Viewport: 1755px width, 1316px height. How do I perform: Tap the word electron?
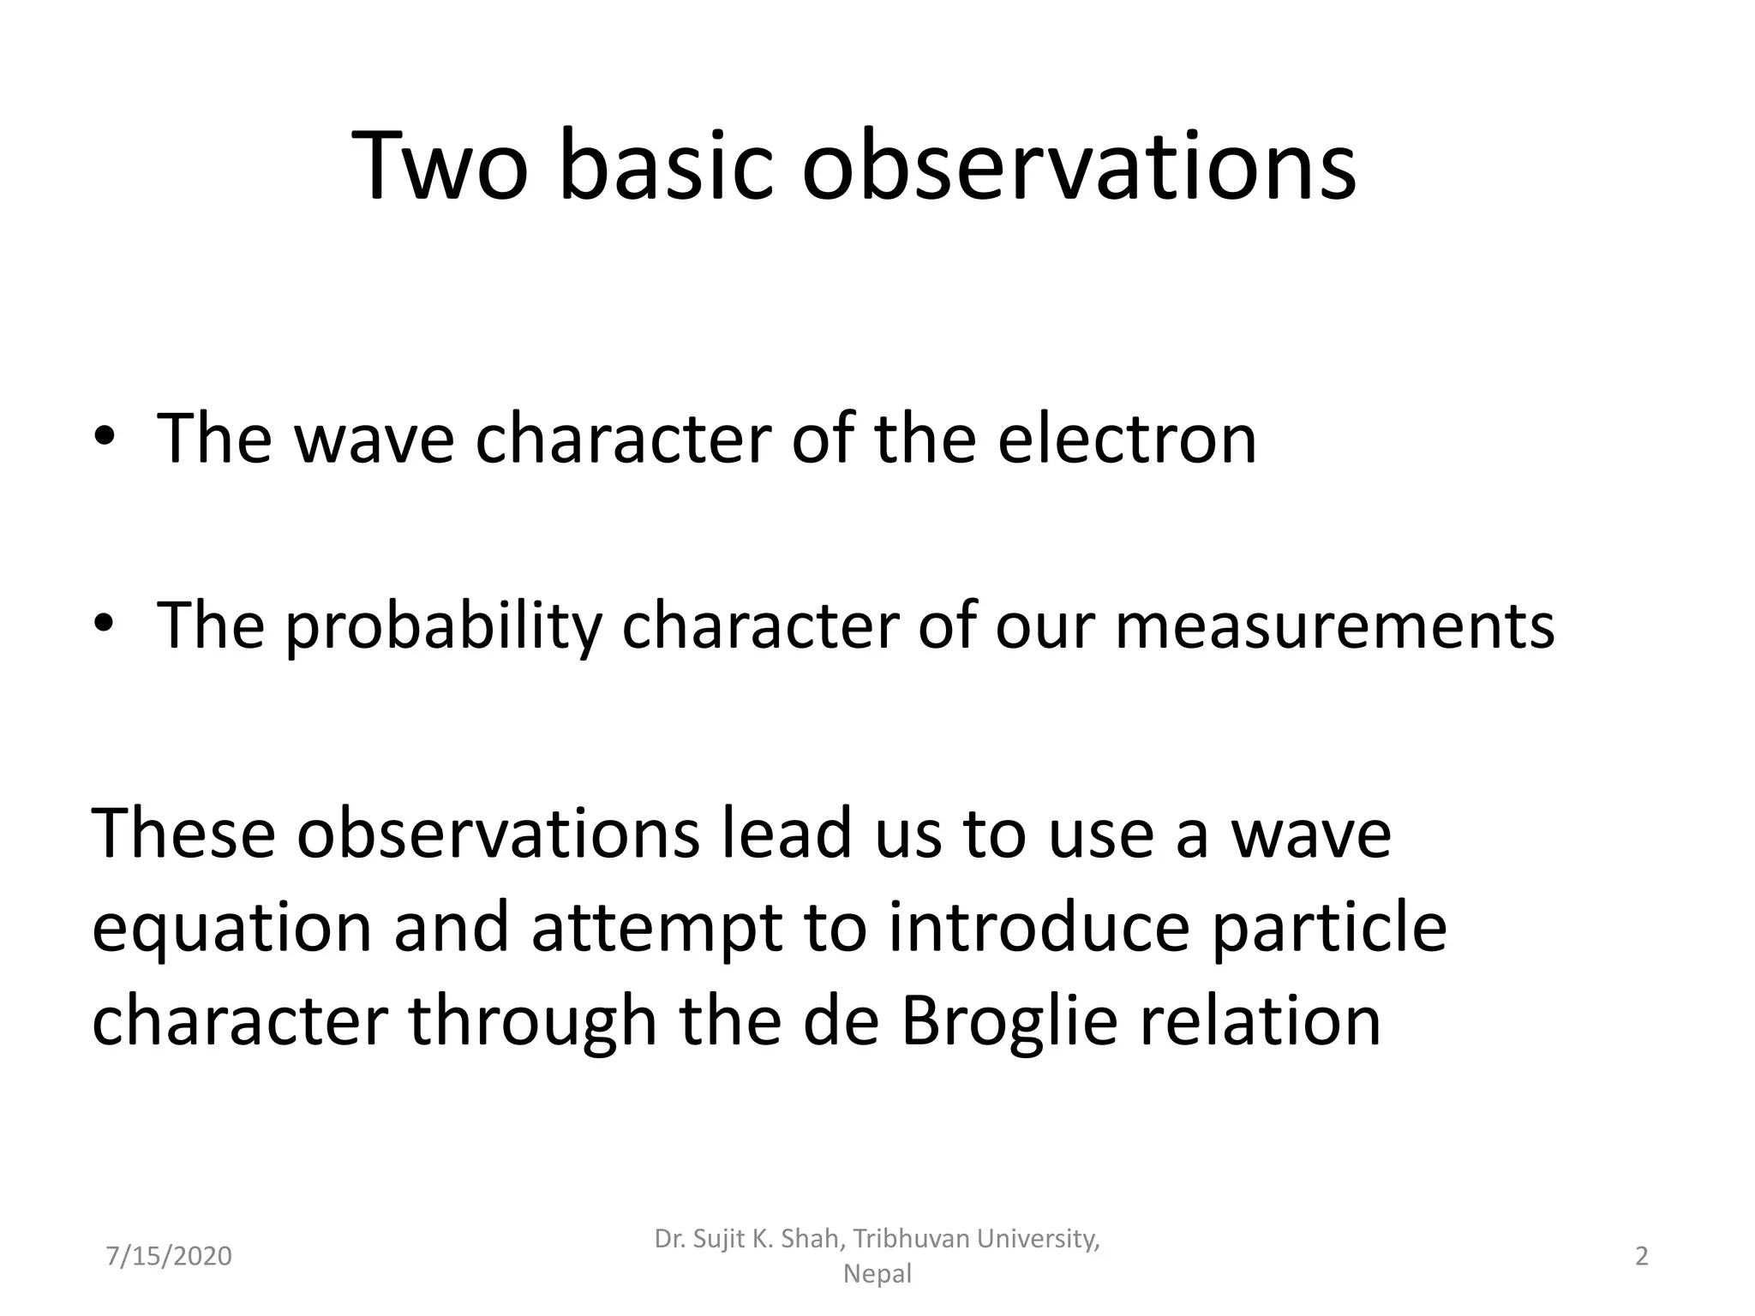point(1126,440)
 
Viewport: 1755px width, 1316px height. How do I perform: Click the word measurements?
point(1334,626)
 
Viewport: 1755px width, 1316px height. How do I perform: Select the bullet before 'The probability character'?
point(104,625)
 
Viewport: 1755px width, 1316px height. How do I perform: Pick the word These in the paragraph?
point(183,833)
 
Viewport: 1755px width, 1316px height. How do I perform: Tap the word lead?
point(788,833)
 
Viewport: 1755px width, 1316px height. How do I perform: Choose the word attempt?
point(656,929)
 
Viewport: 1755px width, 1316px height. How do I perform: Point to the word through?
point(532,1021)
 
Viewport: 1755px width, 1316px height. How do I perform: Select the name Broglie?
point(1009,1021)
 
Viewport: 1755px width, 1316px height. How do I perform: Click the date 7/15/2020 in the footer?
point(169,1257)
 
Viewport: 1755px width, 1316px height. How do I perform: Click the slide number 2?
point(1642,1257)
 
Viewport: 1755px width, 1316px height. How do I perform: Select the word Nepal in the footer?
point(877,1274)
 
